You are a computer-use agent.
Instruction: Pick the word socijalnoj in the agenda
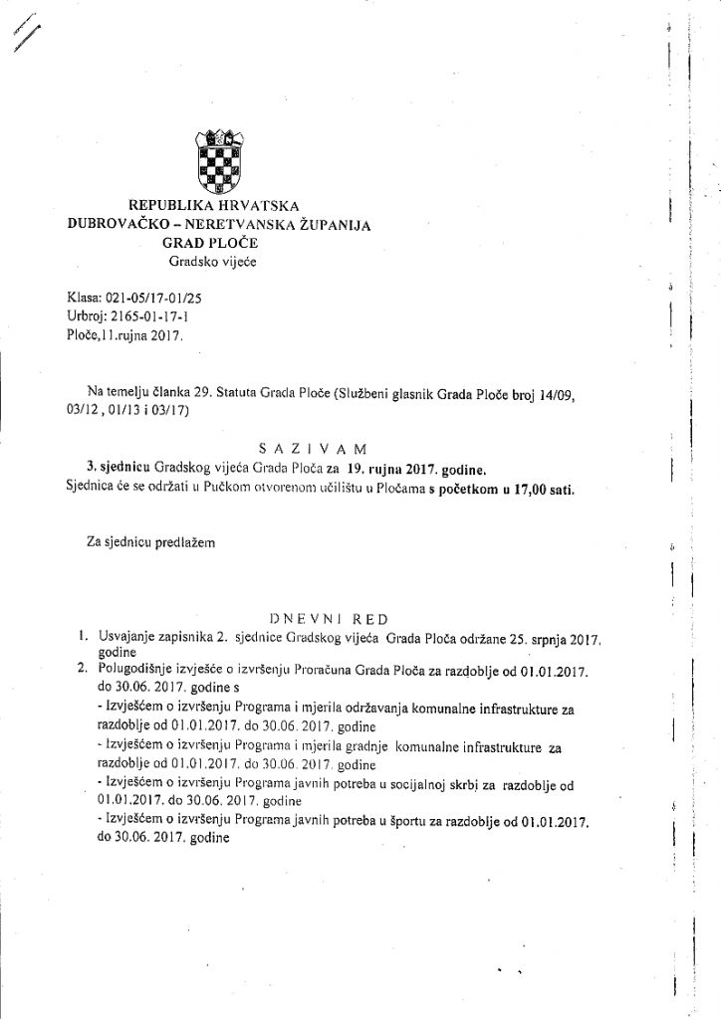coord(446,783)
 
